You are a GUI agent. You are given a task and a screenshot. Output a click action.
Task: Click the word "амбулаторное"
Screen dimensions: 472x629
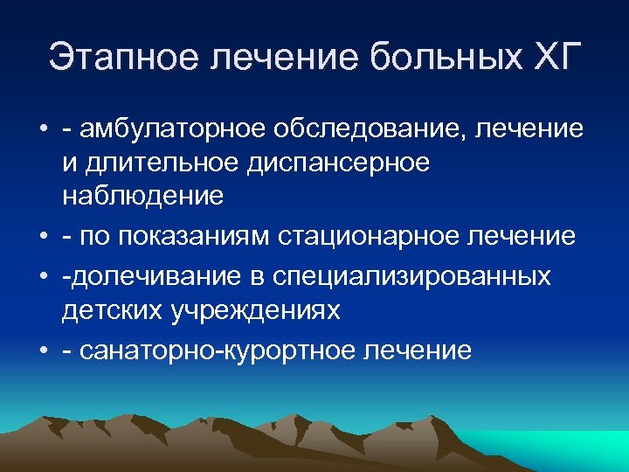click(170, 129)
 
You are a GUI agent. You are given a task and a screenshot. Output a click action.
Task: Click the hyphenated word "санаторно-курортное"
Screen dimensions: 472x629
click(229, 350)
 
